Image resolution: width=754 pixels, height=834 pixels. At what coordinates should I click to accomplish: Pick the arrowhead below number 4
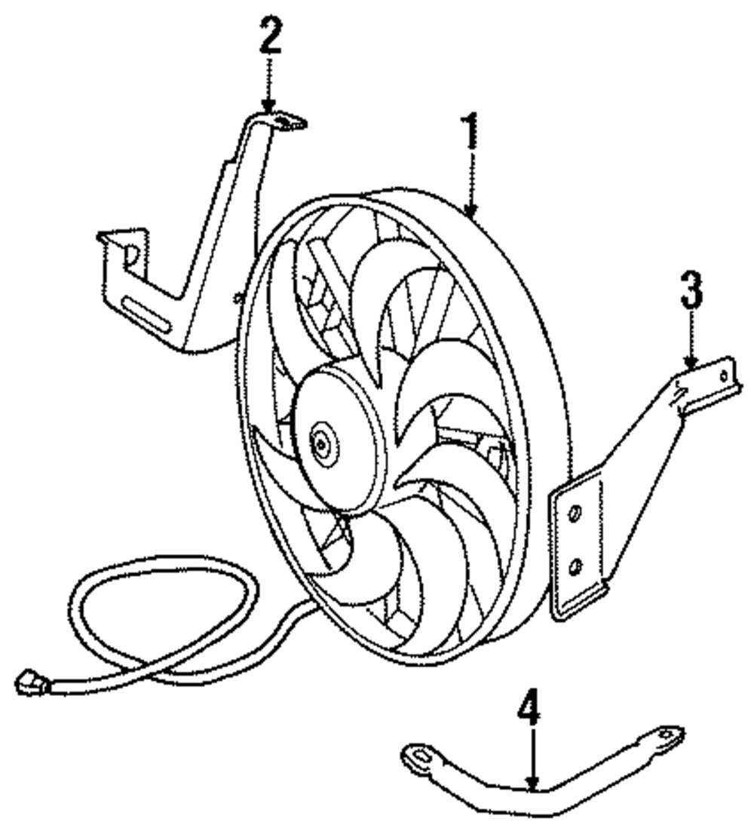(x=532, y=786)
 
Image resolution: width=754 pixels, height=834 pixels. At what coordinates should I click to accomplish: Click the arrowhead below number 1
(x=470, y=213)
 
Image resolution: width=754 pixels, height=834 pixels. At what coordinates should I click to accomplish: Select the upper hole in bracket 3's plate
(x=575, y=514)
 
